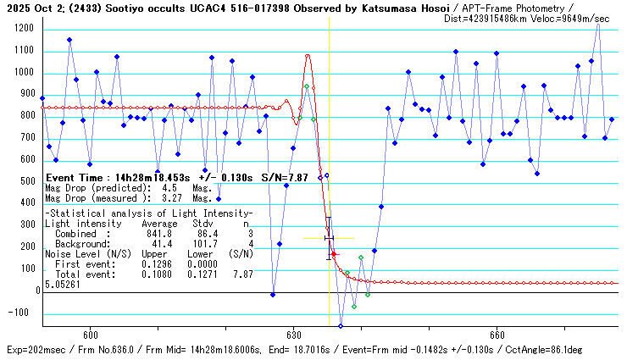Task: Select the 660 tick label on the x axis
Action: (x=497, y=334)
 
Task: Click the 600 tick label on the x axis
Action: (x=91, y=334)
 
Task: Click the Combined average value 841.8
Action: (x=158, y=233)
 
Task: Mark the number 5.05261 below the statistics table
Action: (x=61, y=285)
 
